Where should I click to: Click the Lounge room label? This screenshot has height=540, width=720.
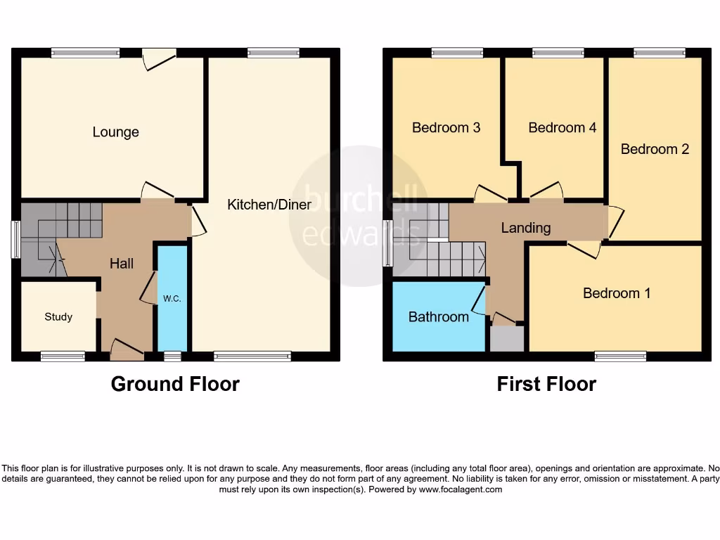[x=115, y=132]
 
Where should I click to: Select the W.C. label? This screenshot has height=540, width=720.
[x=172, y=299]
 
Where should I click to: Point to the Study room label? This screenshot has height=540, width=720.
[x=58, y=317]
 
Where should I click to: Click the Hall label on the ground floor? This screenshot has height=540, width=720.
[x=122, y=264]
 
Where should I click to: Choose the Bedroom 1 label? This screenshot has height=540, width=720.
[x=617, y=293]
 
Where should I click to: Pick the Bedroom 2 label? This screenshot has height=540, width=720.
[x=655, y=149]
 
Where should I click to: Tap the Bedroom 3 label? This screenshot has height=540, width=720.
[x=446, y=128]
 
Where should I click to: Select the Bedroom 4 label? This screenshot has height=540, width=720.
[x=562, y=128]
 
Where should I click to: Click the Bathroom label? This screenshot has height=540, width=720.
[x=439, y=317]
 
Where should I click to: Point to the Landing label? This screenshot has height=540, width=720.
[x=526, y=228]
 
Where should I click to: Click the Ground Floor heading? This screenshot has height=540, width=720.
[x=175, y=384]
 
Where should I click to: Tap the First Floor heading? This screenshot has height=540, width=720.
[x=546, y=384]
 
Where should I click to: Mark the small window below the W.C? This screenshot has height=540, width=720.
[x=172, y=356]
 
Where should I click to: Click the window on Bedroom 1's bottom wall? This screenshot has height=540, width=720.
[x=620, y=356]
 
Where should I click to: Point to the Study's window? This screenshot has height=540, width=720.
[x=63, y=356]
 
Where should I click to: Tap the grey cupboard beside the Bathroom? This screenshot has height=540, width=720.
[x=507, y=340]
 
